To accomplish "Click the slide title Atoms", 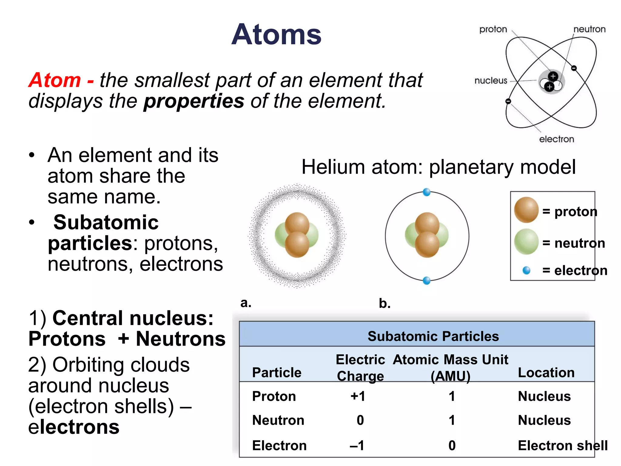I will pos(276,35).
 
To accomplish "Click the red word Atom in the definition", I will pos(55,80).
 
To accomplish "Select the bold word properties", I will pos(194,101).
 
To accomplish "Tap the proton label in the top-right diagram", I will pos(493,29).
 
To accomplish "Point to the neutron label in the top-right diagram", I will pos(589,29).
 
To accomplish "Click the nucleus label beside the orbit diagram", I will pos(491,81).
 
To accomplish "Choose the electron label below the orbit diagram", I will pos(556,139).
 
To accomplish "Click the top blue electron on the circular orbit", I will pos(427,192).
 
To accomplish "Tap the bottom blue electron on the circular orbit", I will pos(427,281).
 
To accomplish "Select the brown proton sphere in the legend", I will pos(526,210).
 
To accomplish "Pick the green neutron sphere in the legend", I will pos(526,242).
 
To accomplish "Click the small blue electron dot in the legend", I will pos(527,270).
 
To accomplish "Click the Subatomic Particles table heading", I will pos(433,336).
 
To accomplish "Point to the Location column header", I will pos(546,373).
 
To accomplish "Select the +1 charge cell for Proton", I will pos(358,396).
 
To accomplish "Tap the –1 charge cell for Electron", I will pos(357,445).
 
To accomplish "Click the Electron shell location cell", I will pos(562,445).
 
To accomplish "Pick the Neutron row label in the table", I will pos(278,420).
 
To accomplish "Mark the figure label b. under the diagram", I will pos(384,303).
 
